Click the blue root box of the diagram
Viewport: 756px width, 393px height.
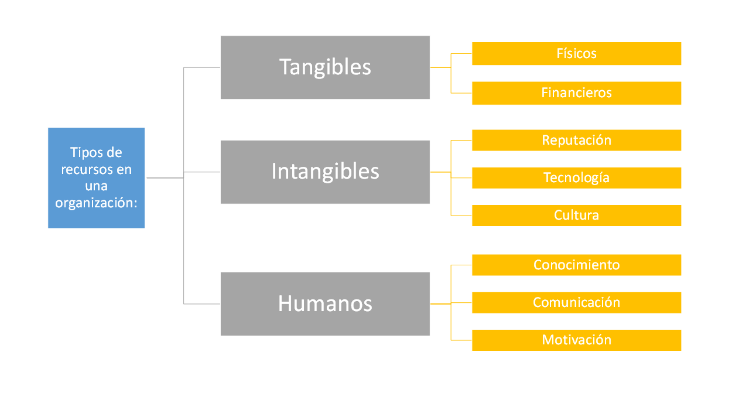(x=96, y=177)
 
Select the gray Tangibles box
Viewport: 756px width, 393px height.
(x=325, y=67)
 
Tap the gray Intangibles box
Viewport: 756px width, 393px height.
(x=325, y=172)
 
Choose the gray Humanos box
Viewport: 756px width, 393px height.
(x=325, y=304)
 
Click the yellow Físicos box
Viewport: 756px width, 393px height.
(x=576, y=53)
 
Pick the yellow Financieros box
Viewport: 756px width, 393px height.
(x=576, y=93)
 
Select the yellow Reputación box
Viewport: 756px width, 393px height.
(x=576, y=140)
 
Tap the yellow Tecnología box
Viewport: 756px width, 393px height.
(x=576, y=177)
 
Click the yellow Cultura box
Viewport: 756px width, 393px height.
(x=576, y=216)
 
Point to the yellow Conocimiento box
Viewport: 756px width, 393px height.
(x=576, y=265)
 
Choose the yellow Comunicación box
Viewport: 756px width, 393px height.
(x=576, y=303)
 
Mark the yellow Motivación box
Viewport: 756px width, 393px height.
(x=576, y=340)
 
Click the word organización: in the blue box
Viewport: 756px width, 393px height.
(x=96, y=203)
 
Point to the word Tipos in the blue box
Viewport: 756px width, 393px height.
(x=83, y=153)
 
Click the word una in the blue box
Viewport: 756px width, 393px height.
(x=96, y=186)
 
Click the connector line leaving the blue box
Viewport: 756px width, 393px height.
(x=165, y=177)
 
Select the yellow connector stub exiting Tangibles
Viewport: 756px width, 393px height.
(x=440, y=67)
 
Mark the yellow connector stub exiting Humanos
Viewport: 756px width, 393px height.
(x=440, y=304)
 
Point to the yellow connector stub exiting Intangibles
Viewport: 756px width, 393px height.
(x=440, y=172)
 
